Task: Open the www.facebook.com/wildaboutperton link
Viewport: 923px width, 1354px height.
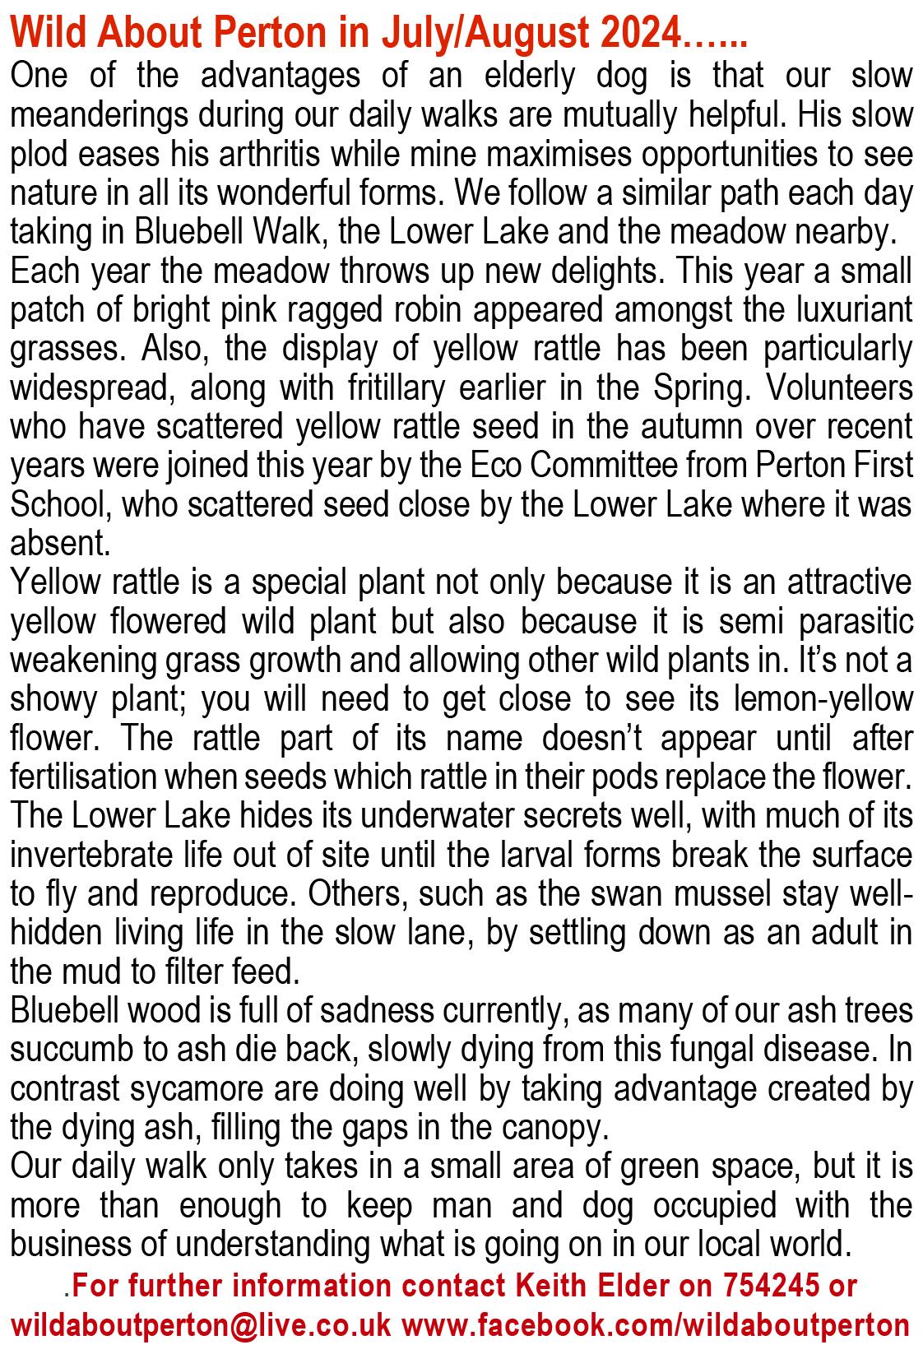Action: click(656, 1326)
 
